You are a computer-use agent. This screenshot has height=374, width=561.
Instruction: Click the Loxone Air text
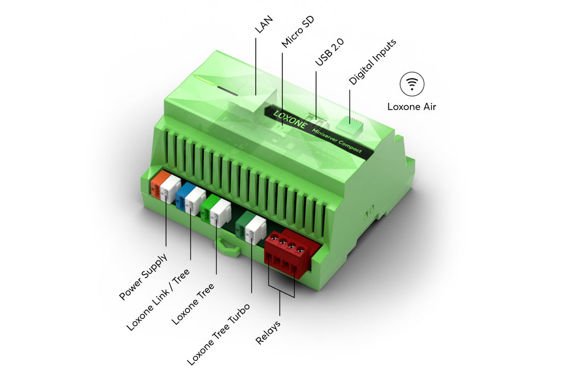(412, 107)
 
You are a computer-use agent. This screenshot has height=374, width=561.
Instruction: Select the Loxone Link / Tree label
(158, 299)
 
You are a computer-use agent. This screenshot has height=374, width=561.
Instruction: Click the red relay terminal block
(286, 252)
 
